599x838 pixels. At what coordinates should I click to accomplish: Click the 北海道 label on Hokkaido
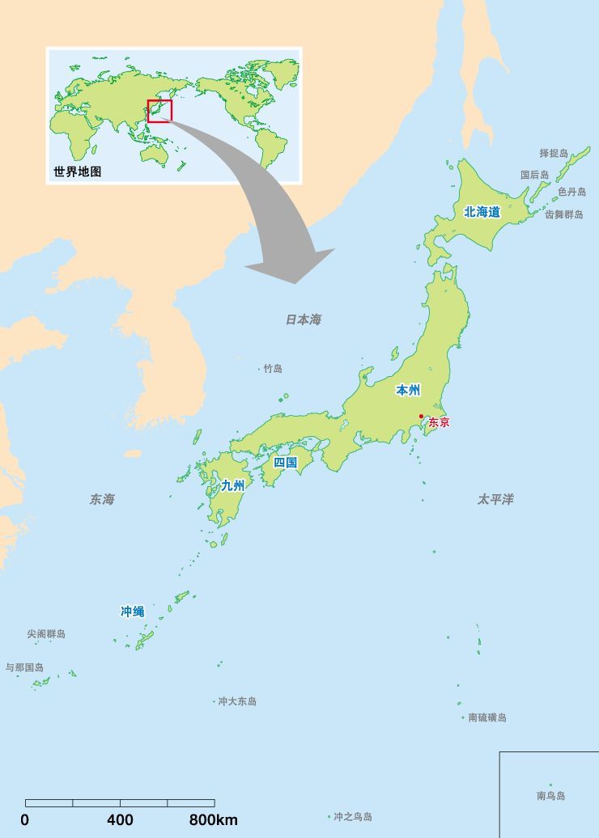482,212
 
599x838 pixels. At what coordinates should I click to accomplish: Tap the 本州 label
408,391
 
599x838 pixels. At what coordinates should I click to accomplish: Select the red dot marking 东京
421,417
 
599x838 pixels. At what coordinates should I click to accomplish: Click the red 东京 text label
439,422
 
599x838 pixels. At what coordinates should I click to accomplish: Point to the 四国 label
286,463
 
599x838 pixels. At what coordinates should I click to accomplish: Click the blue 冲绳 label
132,612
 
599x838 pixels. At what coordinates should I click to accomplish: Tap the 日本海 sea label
303,320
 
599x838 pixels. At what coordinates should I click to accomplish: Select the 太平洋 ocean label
495,500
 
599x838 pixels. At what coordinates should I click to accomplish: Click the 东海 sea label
102,500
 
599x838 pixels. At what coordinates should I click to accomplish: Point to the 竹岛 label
273,369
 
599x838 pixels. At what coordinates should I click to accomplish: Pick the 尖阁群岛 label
46,634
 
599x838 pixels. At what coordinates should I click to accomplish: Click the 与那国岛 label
24,668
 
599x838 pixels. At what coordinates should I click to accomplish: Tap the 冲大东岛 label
237,701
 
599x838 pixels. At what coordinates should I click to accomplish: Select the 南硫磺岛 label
487,717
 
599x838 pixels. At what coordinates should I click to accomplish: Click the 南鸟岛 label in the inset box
551,796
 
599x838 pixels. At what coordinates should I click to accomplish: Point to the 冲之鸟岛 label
353,817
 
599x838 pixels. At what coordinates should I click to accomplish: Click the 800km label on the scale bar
214,819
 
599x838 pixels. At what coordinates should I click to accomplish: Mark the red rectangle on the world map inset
159,111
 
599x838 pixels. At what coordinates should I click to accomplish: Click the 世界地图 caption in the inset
78,171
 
